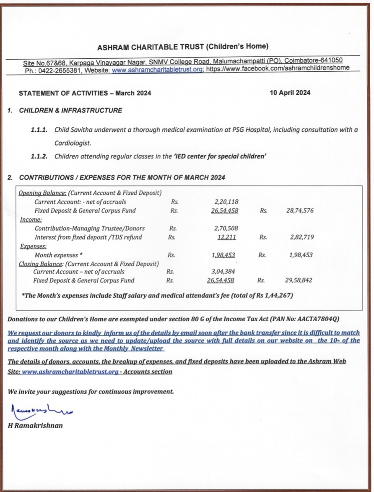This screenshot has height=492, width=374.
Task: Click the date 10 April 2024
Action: (x=290, y=93)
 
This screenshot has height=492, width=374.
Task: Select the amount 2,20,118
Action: (x=226, y=202)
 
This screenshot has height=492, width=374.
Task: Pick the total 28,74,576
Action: (x=300, y=211)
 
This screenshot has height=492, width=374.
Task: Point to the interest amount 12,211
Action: (x=227, y=237)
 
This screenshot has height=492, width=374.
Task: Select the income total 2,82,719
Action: (x=301, y=237)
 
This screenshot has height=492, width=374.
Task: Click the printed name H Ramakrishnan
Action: (x=35, y=425)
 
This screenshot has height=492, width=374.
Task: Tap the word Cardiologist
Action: (x=73, y=143)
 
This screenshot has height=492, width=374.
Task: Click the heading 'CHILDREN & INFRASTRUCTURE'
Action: (x=70, y=110)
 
